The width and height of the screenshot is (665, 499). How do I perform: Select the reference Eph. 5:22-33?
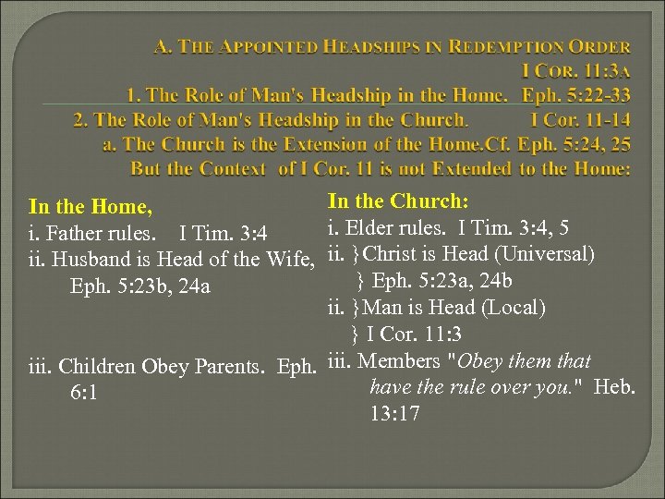click(x=576, y=95)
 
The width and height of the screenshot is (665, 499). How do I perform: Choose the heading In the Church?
click(x=397, y=201)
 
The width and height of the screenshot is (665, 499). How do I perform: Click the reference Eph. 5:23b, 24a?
click(x=140, y=286)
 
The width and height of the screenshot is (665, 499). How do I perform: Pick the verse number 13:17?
click(x=394, y=413)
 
